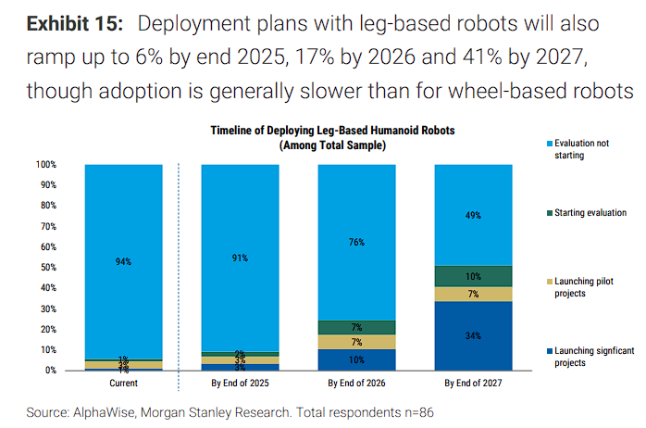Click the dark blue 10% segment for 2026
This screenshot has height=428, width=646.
(355, 359)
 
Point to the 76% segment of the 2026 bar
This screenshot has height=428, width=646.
(355, 243)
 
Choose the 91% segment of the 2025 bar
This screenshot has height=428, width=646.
(240, 258)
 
